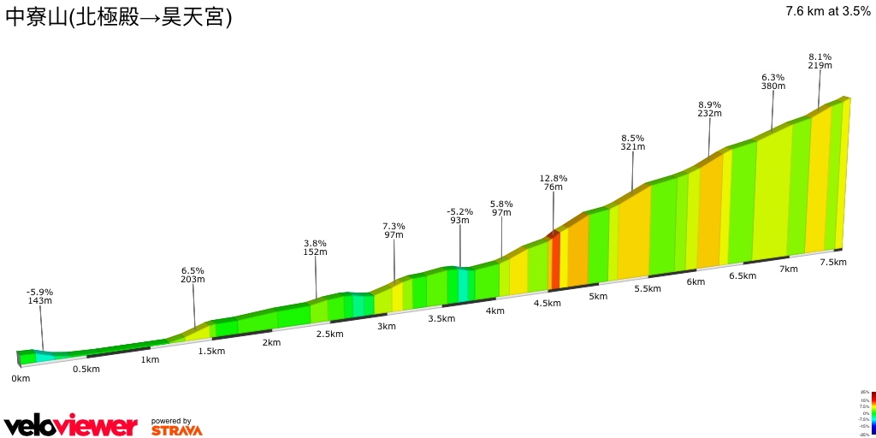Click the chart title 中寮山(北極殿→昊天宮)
tap(119, 17)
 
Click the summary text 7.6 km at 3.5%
tap(827, 11)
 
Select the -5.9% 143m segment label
tap(39, 296)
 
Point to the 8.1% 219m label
tap(820, 61)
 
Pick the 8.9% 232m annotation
tap(709, 109)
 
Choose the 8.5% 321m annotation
tap(632, 142)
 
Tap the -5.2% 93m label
tap(459, 216)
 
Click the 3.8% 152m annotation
tap(315, 247)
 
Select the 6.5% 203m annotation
tap(192, 275)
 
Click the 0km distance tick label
tap(21, 378)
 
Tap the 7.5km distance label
tap(832, 262)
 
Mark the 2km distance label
tap(271, 342)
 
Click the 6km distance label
tap(695, 282)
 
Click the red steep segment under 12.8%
tap(555, 261)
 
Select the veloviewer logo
tap(70, 425)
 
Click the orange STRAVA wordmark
tap(177, 430)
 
